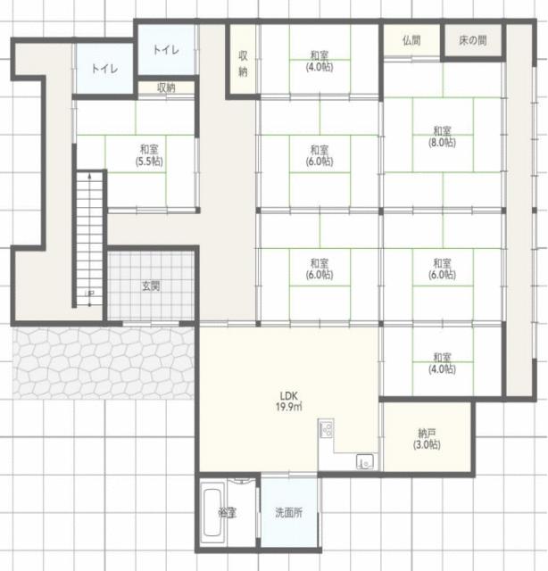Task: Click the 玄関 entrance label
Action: pyautogui.click(x=151, y=285)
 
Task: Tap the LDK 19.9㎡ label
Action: pyautogui.click(x=289, y=401)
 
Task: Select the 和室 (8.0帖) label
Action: pyautogui.click(x=442, y=137)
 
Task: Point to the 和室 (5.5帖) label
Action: pyautogui.click(x=149, y=155)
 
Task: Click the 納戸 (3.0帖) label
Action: pyautogui.click(x=427, y=439)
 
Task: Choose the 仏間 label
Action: pyautogui.click(x=411, y=40)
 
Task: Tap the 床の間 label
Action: pyautogui.click(x=472, y=40)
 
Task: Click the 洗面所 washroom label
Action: pyautogui.click(x=289, y=513)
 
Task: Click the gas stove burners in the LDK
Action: pyautogui.click(x=326, y=428)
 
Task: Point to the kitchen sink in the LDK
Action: pyautogui.click(x=365, y=462)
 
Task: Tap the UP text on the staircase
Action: pyautogui.click(x=89, y=294)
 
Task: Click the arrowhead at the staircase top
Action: pyautogui.click(x=89, y=175)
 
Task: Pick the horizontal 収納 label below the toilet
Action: pyautogui.click(x=166, y=87)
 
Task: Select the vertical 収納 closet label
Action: pyautogui.click(x=243, y=63)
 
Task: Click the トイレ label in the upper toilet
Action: pyautogui.click(x=166, y=50)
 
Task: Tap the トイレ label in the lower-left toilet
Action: pyautogui.click(x=104, y=69)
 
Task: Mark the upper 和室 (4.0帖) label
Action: pyautogui.click(x=320, y=62)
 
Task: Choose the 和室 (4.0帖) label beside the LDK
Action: pyautogui.click(x=442, y=363)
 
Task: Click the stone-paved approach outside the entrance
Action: pyautogui.click(x=104, y=363)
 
